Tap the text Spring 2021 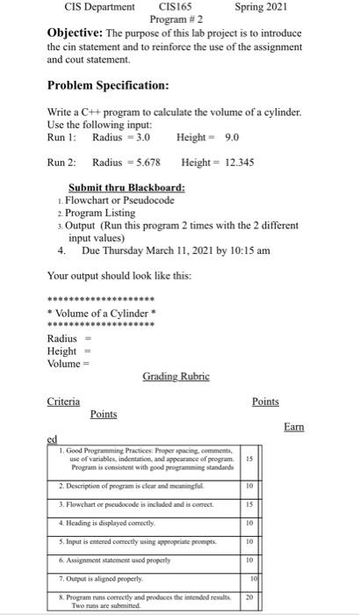tap(261, 7)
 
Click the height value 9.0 tap(233, 138)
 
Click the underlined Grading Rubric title tap(179, 376)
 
